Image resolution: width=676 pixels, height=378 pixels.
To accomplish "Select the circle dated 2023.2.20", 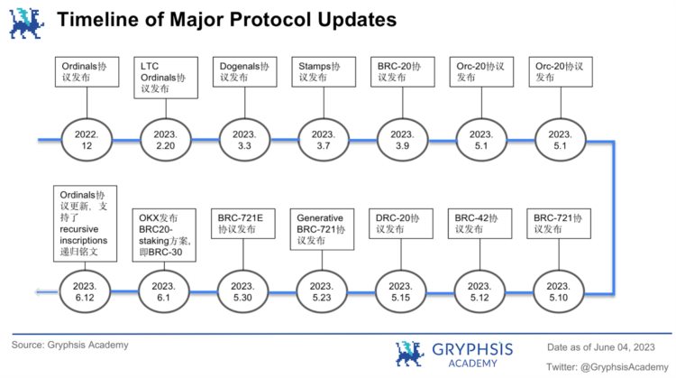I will (166, 140).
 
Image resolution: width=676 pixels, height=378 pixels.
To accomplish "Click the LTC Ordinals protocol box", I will (166, 78).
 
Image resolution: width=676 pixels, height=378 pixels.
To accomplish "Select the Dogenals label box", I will (244, 71).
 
